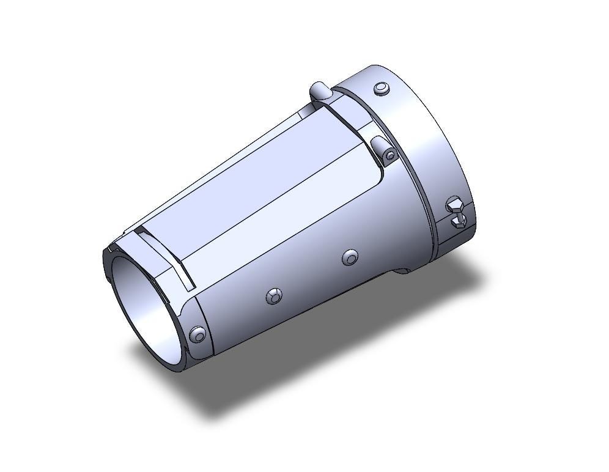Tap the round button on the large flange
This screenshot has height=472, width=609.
[x=382, y=89]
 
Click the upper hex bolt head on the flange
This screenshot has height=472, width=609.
[x=454, y=204]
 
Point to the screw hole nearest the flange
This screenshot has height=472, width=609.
[x=350, y=257]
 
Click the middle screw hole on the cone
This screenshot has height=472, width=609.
[x=274, y=297]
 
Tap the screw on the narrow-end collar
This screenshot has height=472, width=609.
[x=197, y=334]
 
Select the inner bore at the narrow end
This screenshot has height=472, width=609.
[x=144, y=306]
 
